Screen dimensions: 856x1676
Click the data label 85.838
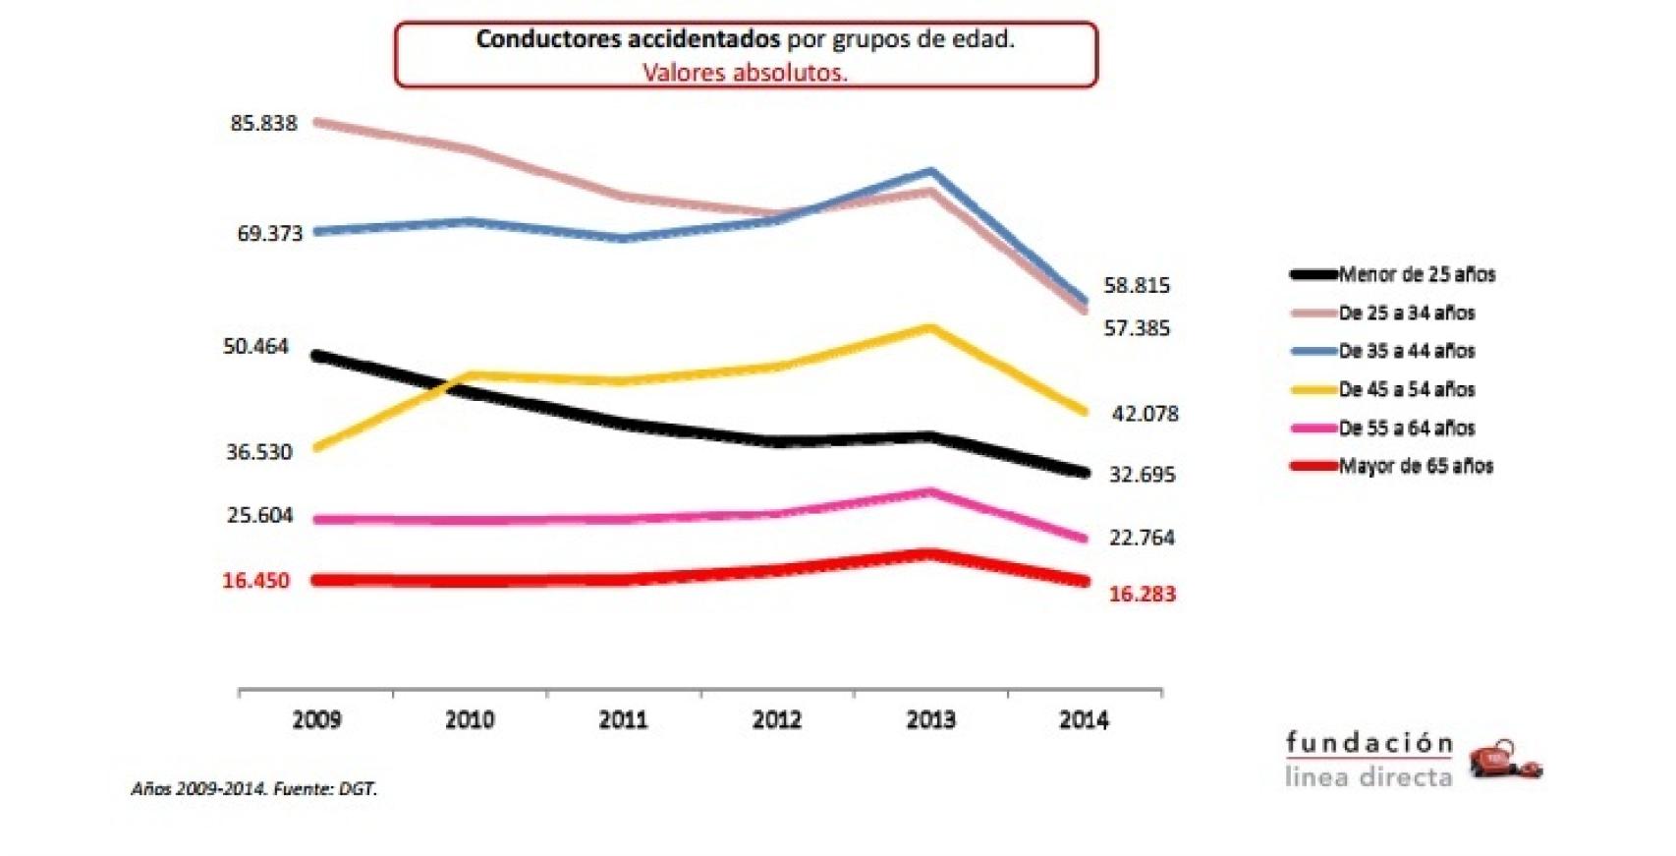[x=263, y=124]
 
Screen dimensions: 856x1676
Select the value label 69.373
[x=269, y=234]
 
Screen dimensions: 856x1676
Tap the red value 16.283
[x=1142, y=594]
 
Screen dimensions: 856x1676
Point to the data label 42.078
[x=1145, y=414]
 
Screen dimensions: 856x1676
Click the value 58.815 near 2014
[x=1137, y=286]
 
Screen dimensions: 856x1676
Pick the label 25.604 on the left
[x=259, y=516]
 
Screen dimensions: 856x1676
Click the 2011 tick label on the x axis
[x=623, y=720]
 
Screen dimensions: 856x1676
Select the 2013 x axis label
[x=929, y=720]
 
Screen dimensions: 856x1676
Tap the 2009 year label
[x=316, y=720]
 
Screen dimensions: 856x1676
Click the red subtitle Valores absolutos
[x=745, y=73]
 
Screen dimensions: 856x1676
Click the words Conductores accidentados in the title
[x=627, y=39]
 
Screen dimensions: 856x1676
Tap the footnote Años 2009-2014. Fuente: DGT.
[x=254, y=789]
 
